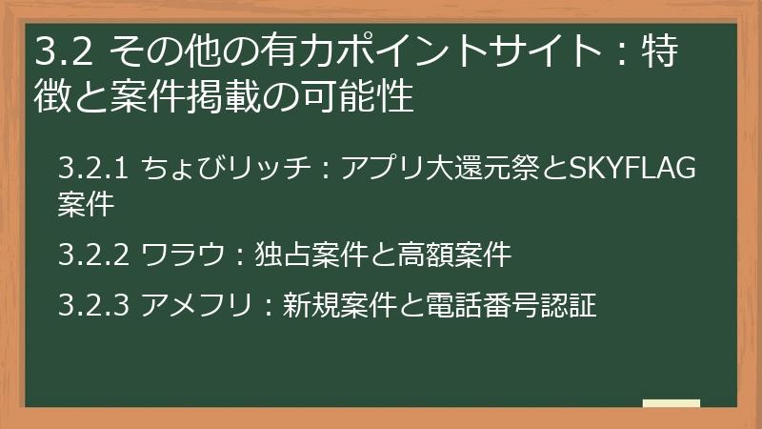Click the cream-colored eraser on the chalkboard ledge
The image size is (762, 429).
(x=671, y=403)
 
